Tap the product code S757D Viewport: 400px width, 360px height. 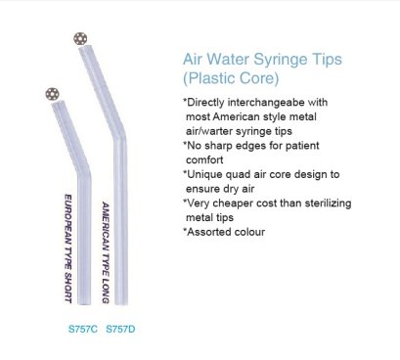[x=119, y=326]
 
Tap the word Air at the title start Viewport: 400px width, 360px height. [x=195, y=58]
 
